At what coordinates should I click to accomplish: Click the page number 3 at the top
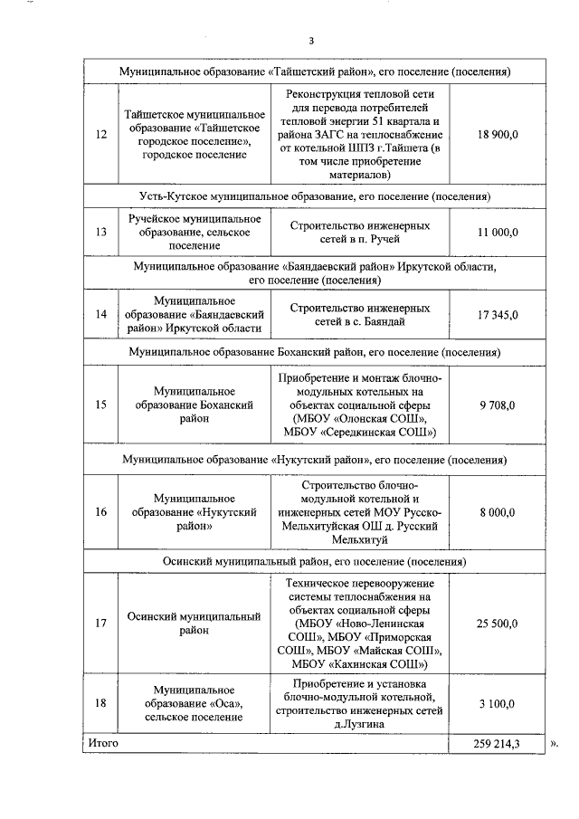(310, 41)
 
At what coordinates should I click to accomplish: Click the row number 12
(100, 134)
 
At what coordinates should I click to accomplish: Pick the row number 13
(100, 233)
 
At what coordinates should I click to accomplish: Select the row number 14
(100, 315)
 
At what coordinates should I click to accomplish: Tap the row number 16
(100, 511)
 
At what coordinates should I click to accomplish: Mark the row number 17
(100, 623)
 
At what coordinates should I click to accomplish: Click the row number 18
(100, 703)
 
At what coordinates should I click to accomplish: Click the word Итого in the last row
(103, 743)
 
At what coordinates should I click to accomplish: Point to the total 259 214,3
(497, 743)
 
